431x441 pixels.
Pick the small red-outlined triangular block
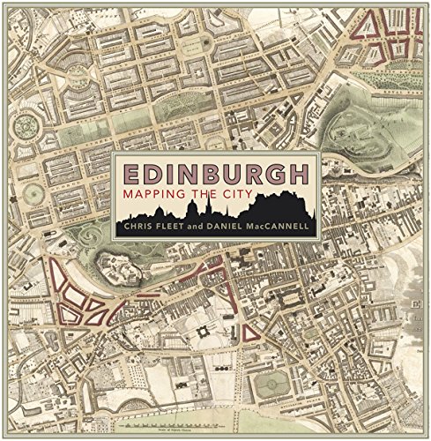point(249,333)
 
